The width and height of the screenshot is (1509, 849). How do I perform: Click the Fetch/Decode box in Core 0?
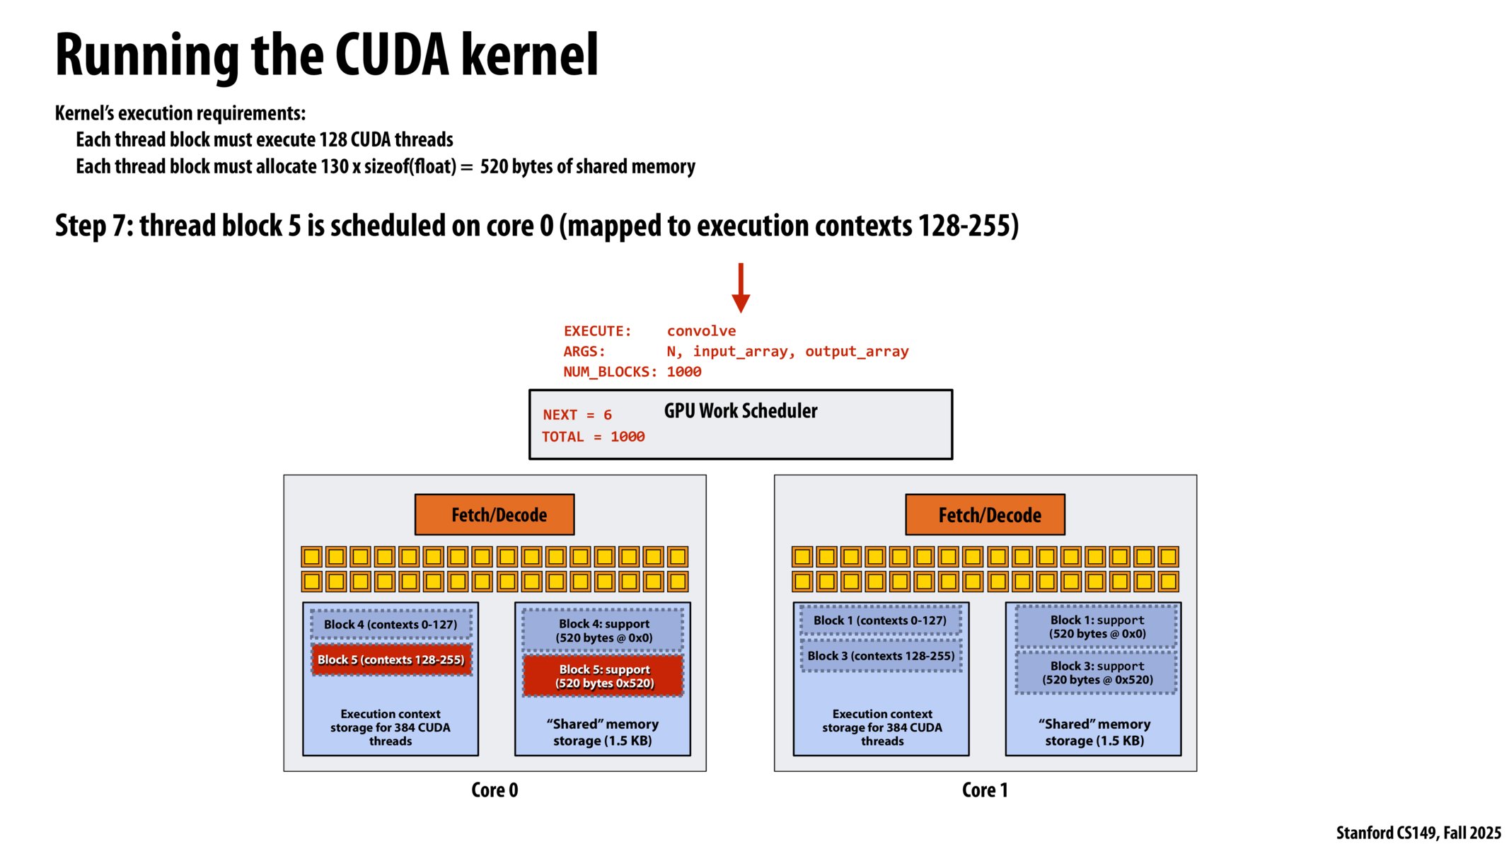495,514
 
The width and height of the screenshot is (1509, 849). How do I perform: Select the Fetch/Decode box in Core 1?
985,514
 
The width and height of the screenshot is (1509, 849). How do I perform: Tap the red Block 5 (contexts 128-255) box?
391,659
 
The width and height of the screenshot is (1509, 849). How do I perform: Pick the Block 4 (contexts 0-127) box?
391,624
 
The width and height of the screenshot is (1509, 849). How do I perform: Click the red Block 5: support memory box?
603,676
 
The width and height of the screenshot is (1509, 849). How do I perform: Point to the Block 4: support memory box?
603,630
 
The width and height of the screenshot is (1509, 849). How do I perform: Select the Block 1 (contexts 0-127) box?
879,620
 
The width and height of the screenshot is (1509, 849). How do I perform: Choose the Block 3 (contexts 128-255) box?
881,656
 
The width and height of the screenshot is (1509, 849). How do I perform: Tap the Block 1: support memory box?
1097,627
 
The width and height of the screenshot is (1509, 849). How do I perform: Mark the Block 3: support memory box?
1097,672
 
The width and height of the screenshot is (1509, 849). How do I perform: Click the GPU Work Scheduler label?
740,410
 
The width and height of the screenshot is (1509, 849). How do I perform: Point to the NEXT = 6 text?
577,415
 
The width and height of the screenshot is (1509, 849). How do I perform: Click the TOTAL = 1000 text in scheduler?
593,437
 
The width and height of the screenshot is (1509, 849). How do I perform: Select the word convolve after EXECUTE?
701,330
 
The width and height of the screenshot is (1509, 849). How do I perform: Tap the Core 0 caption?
495,790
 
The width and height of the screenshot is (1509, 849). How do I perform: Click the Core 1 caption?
985,790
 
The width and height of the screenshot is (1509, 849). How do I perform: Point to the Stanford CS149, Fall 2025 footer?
1418,833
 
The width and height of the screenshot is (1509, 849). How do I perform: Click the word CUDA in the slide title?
392,55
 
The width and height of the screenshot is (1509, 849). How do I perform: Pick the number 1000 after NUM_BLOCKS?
684,371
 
